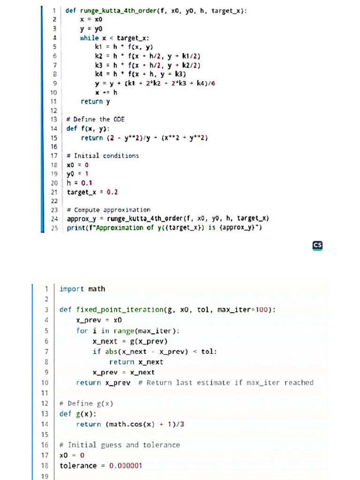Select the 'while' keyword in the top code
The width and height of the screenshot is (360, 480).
(90, 37)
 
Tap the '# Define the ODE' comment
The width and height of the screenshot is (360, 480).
(95, 119)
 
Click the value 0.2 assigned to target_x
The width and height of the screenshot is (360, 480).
(112, 192)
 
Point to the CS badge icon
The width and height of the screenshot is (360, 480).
(317, 245)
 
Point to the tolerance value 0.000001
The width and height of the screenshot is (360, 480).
(125, 465)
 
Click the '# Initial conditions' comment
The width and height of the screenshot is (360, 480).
(103, 156)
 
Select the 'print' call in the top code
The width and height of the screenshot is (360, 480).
(76, 228)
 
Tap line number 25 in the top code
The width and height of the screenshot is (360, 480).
(54, 228)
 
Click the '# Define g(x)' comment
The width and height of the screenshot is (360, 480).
(87, 403)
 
